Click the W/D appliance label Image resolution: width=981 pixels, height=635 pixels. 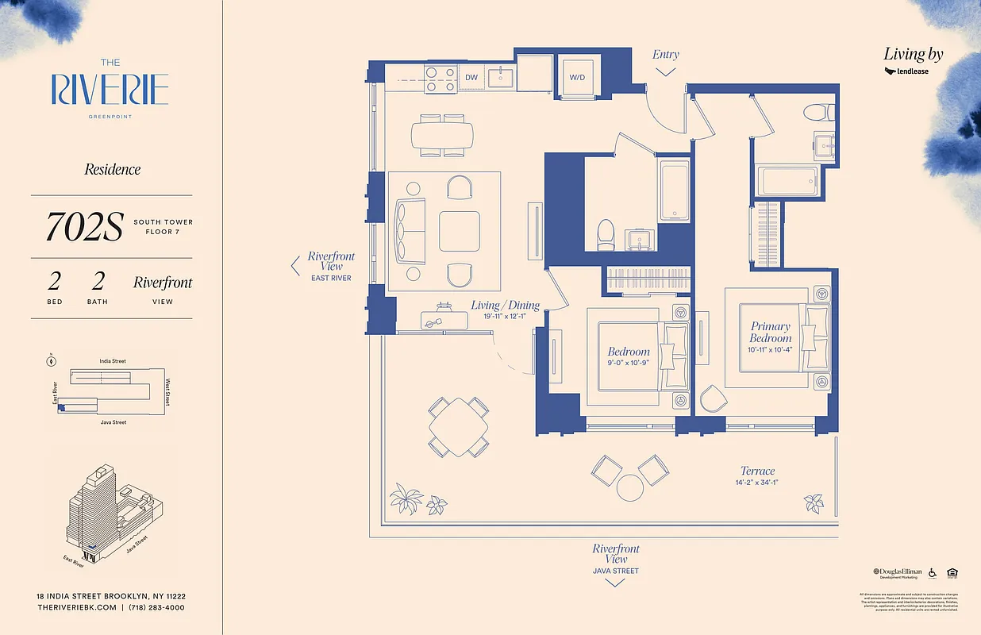(x=576, y=77)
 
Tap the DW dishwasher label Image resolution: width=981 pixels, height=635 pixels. (x=471, y=77)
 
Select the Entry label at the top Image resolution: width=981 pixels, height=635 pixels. (x=665, y=55)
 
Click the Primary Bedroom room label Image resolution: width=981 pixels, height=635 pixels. (x=770, y=332)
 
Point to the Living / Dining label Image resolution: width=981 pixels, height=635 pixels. (x=505, y=305)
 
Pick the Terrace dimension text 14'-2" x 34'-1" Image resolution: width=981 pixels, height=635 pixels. (x=756, y=483)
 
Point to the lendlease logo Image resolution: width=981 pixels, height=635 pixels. (x=906, y=71)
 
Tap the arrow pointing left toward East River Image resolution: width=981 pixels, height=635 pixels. (x=295, y=265)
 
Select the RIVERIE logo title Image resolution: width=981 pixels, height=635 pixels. (x=110, y=89)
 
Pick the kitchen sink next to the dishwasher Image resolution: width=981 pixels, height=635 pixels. (x=502, y=77)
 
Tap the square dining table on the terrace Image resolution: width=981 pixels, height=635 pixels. (x=459, y=427)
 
